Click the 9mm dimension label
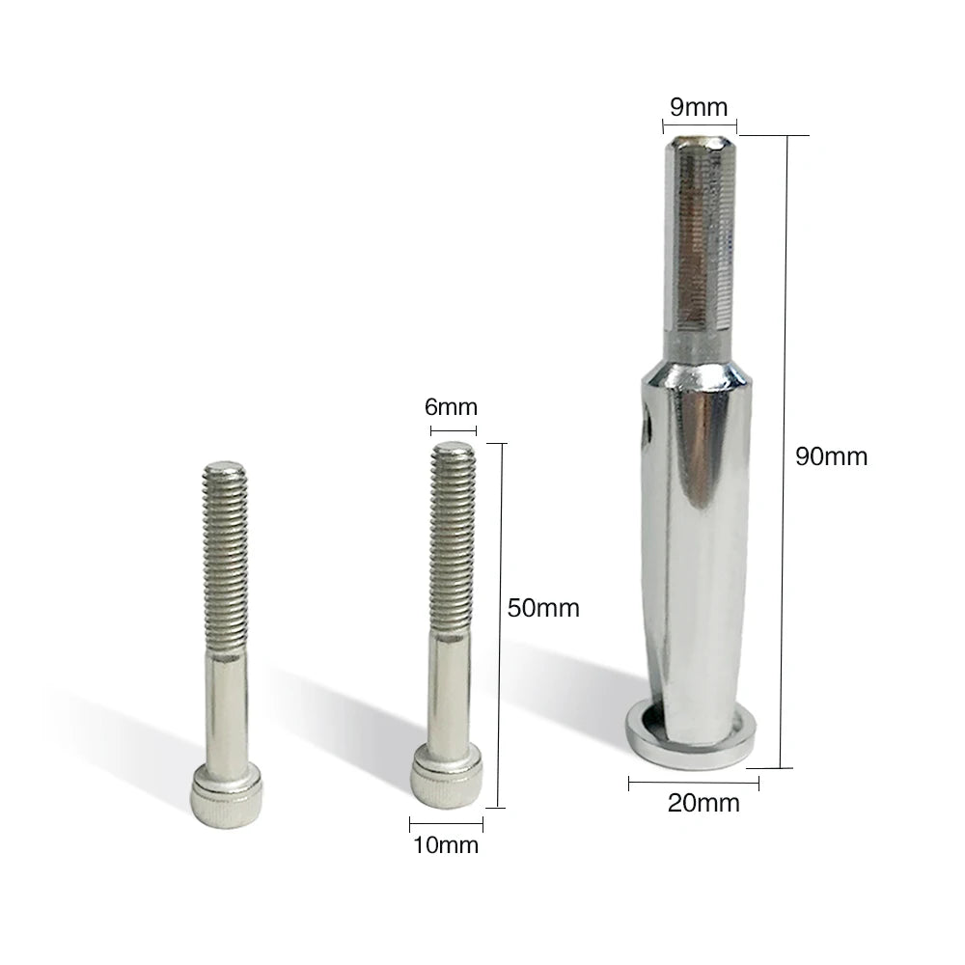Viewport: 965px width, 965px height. tap(699, 107)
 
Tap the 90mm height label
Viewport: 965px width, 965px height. tap(831, 456)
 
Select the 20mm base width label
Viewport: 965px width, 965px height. tap(703, 803)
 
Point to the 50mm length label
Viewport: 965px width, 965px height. tap(543, 608)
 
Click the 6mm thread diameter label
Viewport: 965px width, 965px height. tap(451, 407)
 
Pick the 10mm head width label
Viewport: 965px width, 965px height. tap(446, 845)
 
